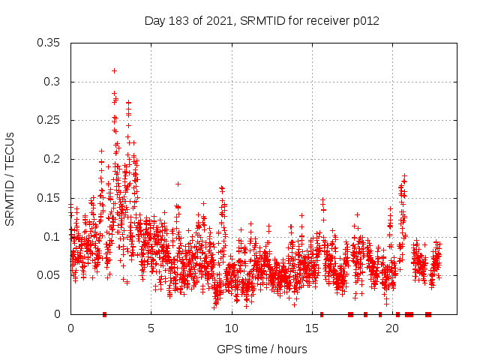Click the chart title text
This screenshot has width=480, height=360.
[262, 21]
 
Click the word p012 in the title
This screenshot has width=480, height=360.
[365, 21]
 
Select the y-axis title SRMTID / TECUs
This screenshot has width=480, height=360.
[10, 178]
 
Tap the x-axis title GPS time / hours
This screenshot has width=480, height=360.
[262, 349]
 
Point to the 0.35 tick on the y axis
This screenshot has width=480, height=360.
[49, 43]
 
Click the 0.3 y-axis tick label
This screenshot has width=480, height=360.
[54, 82]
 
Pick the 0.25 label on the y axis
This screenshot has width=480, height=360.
[49, 120]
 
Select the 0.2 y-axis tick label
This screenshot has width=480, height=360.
[54, 159]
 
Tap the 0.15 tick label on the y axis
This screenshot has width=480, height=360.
[49, 198]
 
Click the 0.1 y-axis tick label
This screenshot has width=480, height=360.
[54, 237]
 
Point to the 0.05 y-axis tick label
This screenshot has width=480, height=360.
[49, 275]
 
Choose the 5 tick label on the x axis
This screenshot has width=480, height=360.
[151, 328]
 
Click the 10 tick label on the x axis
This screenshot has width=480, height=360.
[231, 328]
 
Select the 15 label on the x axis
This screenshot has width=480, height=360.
[311, 328]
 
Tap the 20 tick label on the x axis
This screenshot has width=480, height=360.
[391, 328]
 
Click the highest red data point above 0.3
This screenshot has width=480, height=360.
[114, 70]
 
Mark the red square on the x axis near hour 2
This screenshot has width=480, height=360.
[104, 314]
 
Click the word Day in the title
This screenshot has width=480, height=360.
[154, 21]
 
